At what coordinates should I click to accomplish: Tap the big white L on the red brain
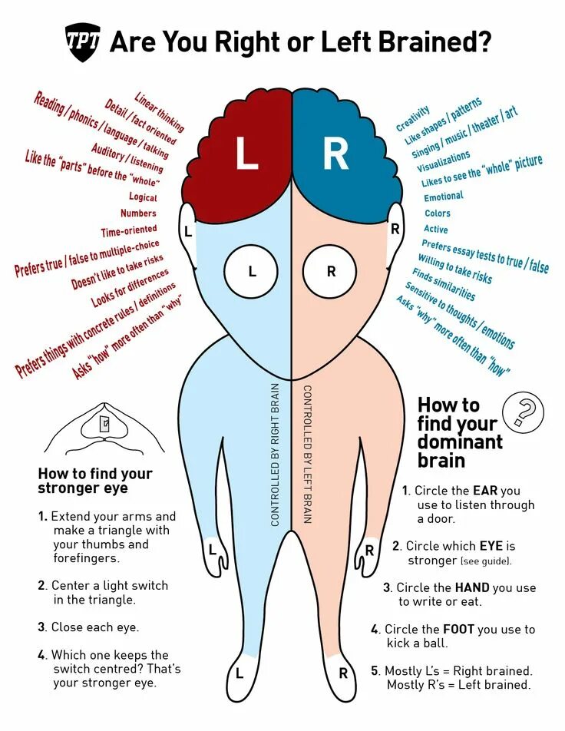point(246,154)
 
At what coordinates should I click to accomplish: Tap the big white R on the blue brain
point(335,154)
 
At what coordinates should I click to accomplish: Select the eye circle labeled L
point(251,271)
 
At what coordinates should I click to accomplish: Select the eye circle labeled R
point(331,271)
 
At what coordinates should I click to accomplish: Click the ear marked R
point(395,228)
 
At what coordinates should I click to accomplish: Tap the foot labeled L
point(240,673)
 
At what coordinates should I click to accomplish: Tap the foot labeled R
point(342,673)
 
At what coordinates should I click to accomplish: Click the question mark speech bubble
point(522,412)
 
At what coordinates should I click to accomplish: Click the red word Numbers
point(139,213)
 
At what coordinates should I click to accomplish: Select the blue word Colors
point(438,213)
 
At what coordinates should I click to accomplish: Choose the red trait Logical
point(143,197)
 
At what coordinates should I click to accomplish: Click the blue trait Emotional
point(444,197)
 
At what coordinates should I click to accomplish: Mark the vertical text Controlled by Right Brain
point(275,455)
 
